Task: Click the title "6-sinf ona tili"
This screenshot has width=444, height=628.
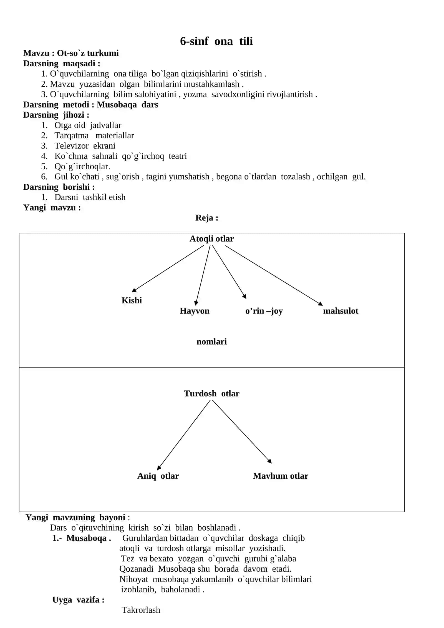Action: [x=216, y=41]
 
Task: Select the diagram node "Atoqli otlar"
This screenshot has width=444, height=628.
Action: [x=211, y=239]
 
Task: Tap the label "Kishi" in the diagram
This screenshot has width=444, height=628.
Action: [x=132, y=300]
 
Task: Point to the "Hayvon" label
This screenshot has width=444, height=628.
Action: [x=195, y=311]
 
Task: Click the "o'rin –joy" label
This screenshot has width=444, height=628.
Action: [x=264, y=311]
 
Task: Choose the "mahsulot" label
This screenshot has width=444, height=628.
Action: [x=340, y=311]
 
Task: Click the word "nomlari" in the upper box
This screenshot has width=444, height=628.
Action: [x=211, y=342]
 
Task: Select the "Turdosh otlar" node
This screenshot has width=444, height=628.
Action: [x=211, y=394]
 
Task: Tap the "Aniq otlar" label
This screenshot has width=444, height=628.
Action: [x=158, y=476]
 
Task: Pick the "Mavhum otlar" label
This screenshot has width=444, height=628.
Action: [x=281, y=476]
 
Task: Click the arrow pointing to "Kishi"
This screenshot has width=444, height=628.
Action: [x=168, y=269]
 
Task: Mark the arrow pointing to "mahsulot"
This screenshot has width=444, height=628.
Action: [x=274, y=275]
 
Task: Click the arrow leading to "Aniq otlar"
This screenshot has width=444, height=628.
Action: [x=184, y=435]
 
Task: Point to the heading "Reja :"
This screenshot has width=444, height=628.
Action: [x=207, y=218]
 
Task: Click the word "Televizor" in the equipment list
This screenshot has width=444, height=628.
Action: [x=72, y=146]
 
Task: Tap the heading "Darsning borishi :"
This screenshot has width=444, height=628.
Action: [x=59, y=187]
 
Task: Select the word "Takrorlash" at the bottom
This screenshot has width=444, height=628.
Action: [x=141, y=610]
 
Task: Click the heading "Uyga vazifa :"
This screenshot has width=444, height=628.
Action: [x=78, y=600]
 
